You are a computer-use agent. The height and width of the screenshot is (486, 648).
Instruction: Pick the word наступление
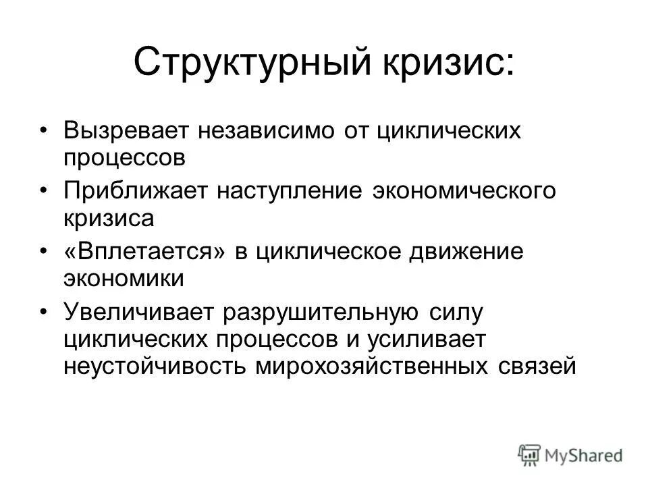[289, 191]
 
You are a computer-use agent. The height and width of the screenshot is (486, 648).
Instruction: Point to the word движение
[466, 252]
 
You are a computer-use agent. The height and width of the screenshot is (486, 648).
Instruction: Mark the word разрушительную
[320, 312]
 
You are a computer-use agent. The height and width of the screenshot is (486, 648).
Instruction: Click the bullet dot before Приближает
[45, 191]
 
